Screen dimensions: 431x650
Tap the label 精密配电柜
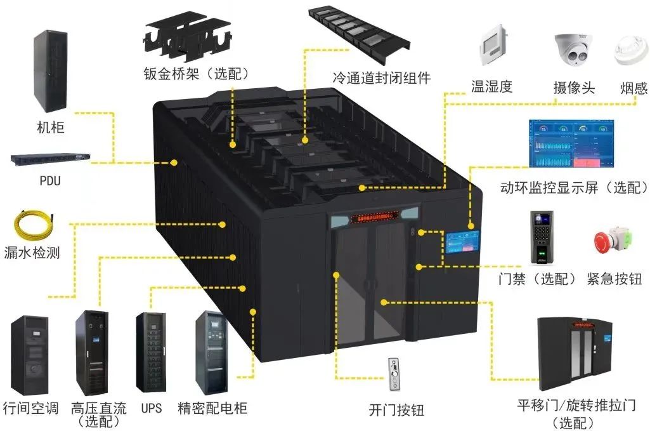coord(213,408)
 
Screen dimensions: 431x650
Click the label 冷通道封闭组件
coord(382,78)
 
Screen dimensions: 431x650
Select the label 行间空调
coord(32,408)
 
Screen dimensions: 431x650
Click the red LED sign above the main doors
coord(374,218)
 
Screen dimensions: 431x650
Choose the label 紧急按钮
coord(614,279)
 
